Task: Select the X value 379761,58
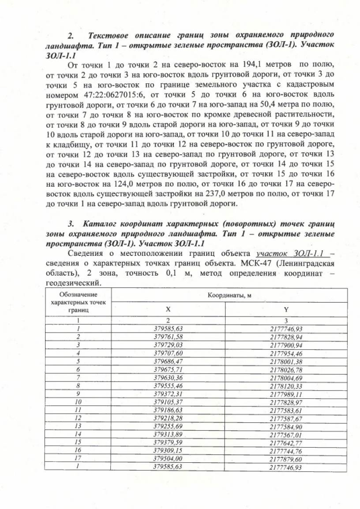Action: [x=168, y=336]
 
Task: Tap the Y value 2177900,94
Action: [x=286, y=344]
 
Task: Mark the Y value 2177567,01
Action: [x=286, y=434]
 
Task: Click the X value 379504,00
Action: [x=168, y=459]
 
